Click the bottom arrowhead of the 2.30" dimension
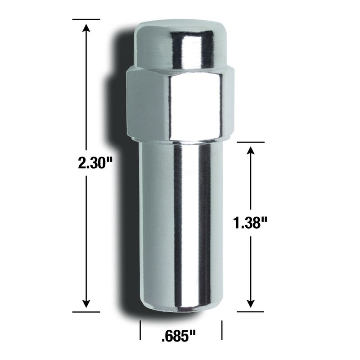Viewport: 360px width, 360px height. click(86, 304)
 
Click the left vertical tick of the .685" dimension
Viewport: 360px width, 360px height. click(141, 330)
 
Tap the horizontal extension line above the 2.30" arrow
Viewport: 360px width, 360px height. click(86, 19)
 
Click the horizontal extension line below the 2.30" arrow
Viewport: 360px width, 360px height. click(86, 311)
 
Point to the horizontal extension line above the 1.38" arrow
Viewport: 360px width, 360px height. click(250, 142)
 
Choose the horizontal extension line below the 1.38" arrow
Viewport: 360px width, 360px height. click(250, 311)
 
